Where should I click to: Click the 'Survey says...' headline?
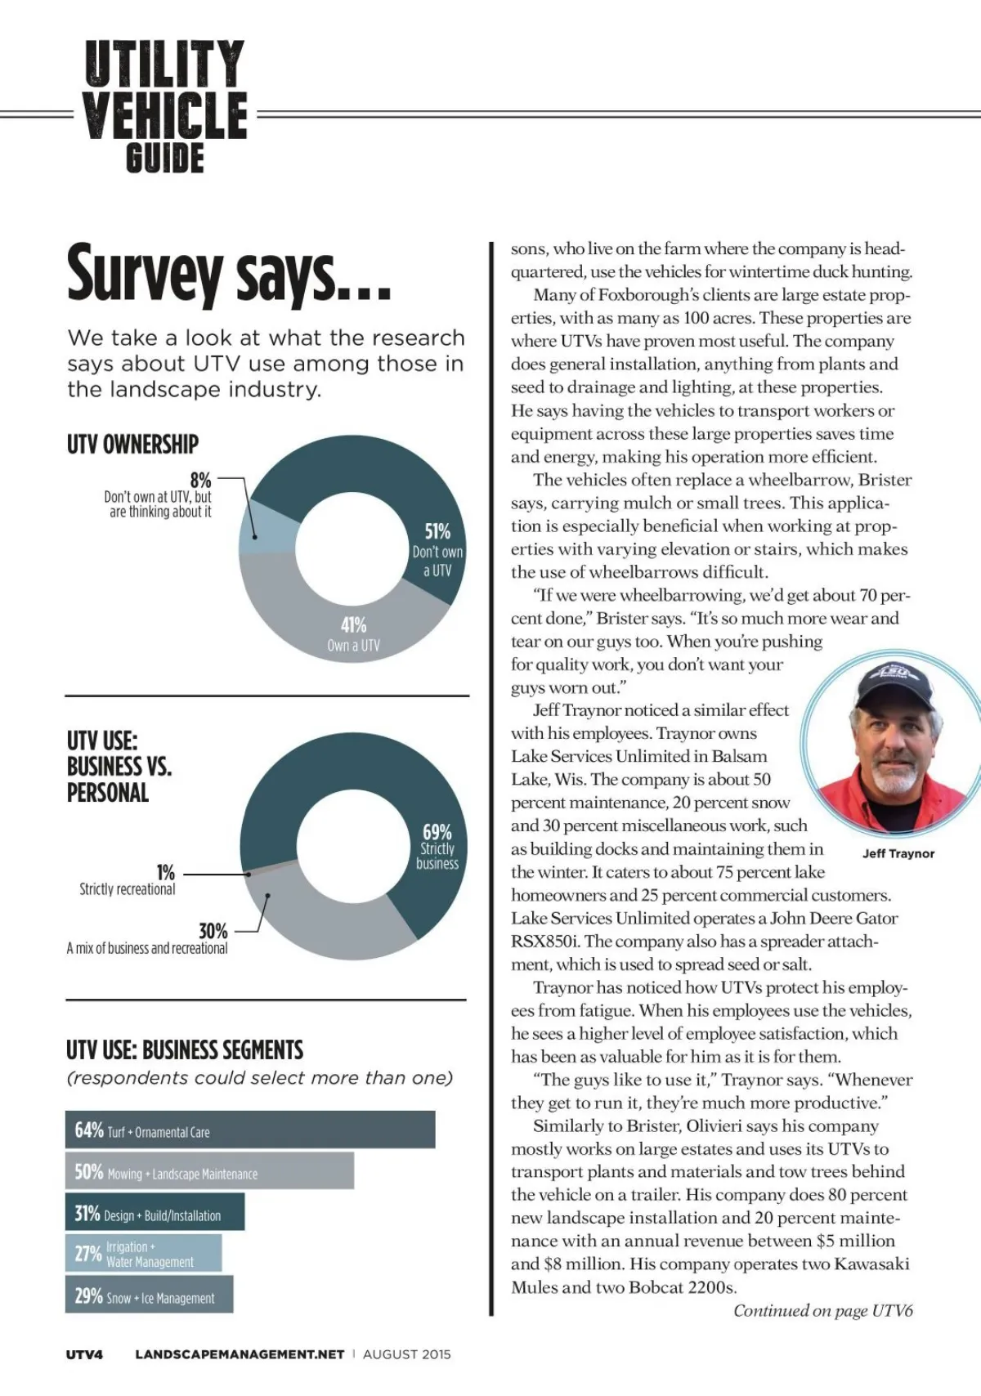point(229,274)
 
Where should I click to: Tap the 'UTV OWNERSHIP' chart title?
point(132,445)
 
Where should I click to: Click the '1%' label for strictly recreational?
point(165,873)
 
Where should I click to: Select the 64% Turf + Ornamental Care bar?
point(250,1130)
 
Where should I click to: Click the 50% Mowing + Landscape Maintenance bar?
point(209,1172)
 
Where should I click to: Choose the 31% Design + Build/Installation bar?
point(155,1214)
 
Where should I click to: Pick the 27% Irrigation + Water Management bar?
point(143,1254)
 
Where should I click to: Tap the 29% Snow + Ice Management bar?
point(149,1295)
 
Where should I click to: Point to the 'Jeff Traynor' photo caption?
point(898,853)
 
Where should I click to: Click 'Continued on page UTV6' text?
point(822,1311)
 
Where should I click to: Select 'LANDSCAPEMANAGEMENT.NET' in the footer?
point(240,1354)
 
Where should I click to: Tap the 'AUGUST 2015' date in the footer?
point(406,1354)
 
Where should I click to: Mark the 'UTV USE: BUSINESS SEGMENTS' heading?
point(185,1050)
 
